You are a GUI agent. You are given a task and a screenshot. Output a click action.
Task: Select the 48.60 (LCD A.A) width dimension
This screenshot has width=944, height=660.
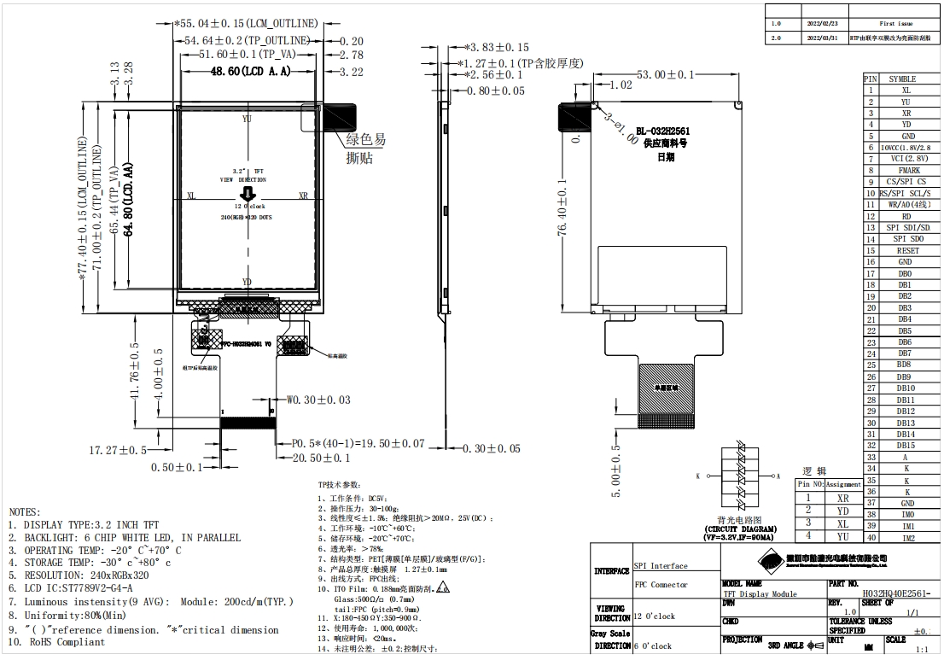[251, 73]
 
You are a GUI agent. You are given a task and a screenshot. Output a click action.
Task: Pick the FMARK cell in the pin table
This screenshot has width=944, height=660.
[904, 171]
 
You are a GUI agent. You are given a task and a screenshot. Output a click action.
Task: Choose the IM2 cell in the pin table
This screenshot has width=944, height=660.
[907, 538]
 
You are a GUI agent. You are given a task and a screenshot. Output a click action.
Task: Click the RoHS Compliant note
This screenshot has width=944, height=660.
[64, 642]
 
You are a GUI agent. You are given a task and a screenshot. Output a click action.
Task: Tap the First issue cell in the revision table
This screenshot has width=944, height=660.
[895, 24]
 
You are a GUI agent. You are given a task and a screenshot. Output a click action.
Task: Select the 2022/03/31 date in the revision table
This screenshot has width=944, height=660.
[822, 38]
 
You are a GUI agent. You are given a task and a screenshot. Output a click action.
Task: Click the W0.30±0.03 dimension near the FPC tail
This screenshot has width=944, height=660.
[318, 399]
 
